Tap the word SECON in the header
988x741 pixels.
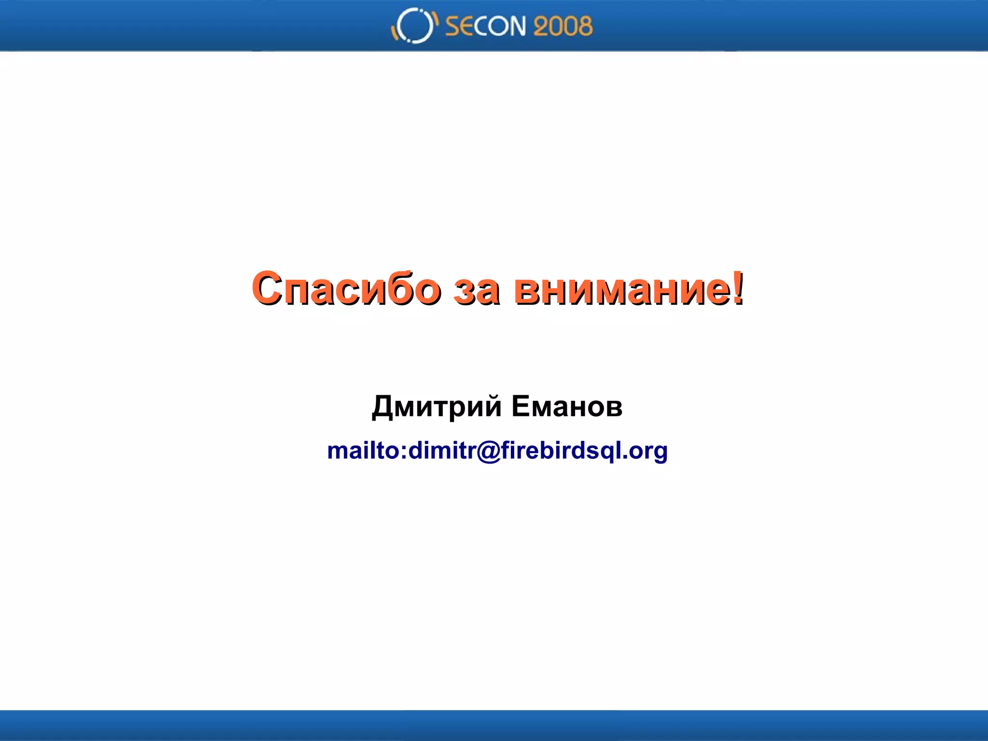pos(485,26)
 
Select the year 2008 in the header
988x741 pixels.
pos(563,26)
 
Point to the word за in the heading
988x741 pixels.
pos(476,289)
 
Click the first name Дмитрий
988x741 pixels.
pos(437,406)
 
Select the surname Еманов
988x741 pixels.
pos(567,406)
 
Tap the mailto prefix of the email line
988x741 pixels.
pos(366,451)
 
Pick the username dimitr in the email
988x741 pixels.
pos(442,451)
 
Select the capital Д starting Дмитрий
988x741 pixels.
pos(383,407)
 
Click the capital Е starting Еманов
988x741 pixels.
pos(521,406)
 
